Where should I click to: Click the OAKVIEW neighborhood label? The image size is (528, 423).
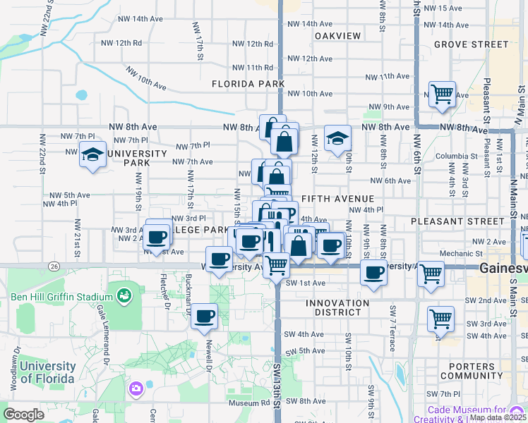pos(337,36)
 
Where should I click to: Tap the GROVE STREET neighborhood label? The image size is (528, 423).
pos(471,44)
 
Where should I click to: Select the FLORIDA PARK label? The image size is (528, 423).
pos(248,84)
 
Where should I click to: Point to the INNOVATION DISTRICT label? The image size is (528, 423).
pos(337,308)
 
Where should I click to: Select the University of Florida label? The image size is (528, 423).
pos(47,372)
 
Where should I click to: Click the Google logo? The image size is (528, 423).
pos(23,415)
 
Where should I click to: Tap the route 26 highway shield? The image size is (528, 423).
pos(54,265)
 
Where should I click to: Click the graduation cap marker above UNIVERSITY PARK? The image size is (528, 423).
pos(92,154)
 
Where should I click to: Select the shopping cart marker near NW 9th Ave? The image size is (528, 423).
pos(442,93)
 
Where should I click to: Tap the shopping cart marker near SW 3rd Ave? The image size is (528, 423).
pos(440,318)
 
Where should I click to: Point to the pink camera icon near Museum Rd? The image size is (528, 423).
pos(136,388)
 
